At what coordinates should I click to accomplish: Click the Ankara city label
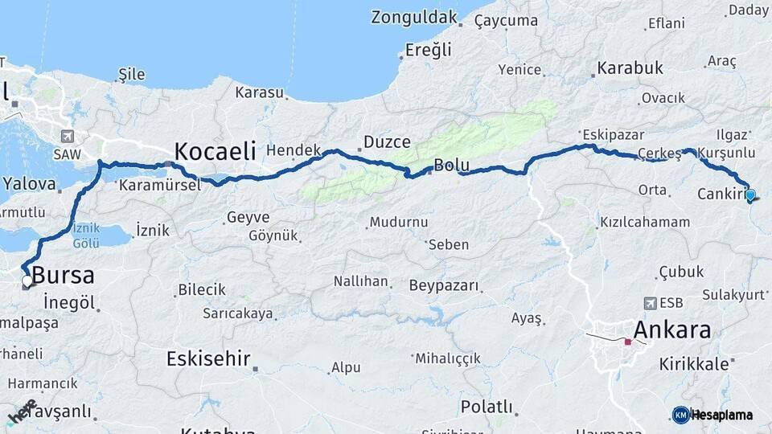tap(672, 330)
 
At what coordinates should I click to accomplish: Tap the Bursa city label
tap(63, 276)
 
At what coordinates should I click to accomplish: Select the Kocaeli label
tap(215, 150)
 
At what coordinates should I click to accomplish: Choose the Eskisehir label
tap(208, 359)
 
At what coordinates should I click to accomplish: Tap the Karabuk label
tap(630, 68)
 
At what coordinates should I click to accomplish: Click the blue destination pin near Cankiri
tap(750, 194)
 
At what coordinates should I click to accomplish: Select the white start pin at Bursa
tap(27, 281)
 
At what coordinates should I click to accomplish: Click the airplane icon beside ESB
tap(649, 304)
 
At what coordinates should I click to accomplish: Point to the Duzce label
tap(387, 142)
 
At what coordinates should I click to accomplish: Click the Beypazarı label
tap(444, 285)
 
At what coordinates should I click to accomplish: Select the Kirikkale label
tap(694, 364)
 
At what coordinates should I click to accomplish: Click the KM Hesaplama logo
tap(712, 415)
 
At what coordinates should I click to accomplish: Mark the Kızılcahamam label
tap(645, 222)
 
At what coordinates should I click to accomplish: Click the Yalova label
tap(28, 184)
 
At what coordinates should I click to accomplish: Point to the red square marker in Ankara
tap(628, 342)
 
